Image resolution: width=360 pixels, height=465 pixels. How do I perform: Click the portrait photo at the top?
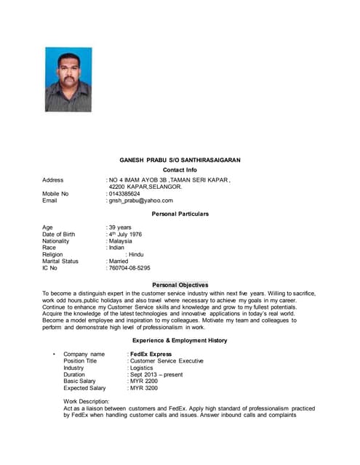coord(68,80)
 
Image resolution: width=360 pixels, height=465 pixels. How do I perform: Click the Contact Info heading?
coord(180,169)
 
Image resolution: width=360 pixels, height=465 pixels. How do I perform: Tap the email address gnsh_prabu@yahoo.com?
coord(142,201)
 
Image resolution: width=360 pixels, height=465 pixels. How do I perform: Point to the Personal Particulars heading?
coord(180,214)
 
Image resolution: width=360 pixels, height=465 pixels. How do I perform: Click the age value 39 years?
coord(121,227)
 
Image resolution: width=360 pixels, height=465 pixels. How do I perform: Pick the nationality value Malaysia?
coord(126,240)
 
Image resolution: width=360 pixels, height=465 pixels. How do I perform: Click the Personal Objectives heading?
coord(180,285)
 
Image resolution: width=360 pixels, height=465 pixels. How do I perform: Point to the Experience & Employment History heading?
coord(180,340)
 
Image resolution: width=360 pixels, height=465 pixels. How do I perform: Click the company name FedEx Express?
coord(151,354)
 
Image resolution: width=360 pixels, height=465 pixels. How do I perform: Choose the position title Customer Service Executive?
coord(167,360)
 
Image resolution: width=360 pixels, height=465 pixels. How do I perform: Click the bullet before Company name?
coord(55,354)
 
